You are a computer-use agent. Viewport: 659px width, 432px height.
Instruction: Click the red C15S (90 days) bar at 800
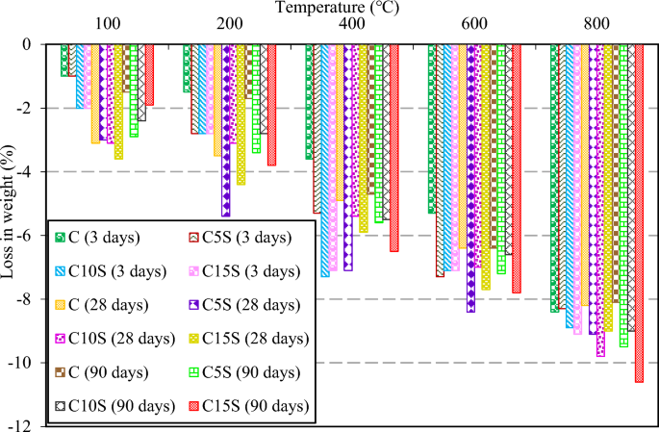click(x=639, y=212)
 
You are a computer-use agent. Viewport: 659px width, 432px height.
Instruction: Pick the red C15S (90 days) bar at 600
click(x=517, y=168)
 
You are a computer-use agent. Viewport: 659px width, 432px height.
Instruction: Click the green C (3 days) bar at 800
click(x=554, y=178)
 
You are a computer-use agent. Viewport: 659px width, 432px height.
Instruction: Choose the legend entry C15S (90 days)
click(x=248, y=406)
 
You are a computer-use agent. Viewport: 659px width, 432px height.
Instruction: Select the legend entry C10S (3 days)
click(x=106, y=271)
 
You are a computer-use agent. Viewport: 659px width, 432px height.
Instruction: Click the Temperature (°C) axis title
click(x=330, y=8)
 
